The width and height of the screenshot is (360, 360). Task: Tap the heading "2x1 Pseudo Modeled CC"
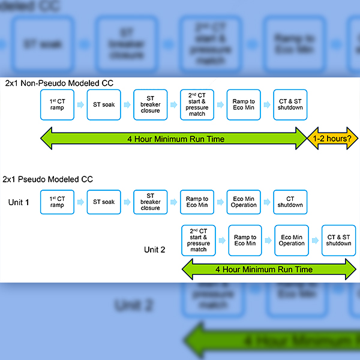[48, 179]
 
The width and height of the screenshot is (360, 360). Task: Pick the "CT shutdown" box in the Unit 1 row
[290, 202]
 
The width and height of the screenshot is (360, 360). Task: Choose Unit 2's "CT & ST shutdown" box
[338, 240]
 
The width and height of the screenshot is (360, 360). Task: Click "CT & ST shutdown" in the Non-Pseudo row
[290, 104]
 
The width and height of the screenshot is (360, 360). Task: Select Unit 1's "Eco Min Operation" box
[244, 202]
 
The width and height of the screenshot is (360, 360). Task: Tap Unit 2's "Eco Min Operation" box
[292, 240]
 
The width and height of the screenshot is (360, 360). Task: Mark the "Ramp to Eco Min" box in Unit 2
[245, 240]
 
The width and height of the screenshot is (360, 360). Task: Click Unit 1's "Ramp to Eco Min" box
[197, 202]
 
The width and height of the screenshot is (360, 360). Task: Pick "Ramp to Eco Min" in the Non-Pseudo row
[244, 104]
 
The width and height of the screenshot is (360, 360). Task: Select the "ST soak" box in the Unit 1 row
[104, 202]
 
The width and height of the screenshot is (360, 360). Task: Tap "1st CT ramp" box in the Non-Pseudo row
[57, 104]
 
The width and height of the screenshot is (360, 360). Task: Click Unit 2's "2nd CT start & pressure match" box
[199, 240]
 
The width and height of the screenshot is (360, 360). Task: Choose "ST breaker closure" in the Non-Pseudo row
[150, 104]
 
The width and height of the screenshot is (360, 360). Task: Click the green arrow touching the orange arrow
[174, 139]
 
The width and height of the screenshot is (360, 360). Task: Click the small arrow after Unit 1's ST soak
[127, 202]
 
